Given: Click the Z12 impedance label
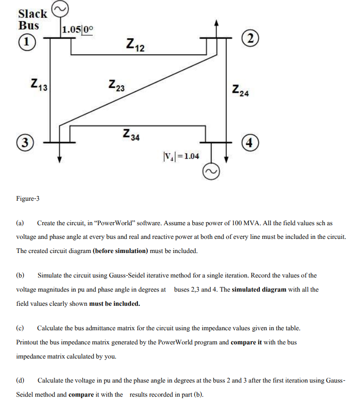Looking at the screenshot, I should (136, 45).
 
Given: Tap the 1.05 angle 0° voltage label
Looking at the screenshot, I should (78, 29).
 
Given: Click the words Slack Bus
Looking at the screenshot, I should (32, 19).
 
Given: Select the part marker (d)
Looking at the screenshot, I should (21, 380).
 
